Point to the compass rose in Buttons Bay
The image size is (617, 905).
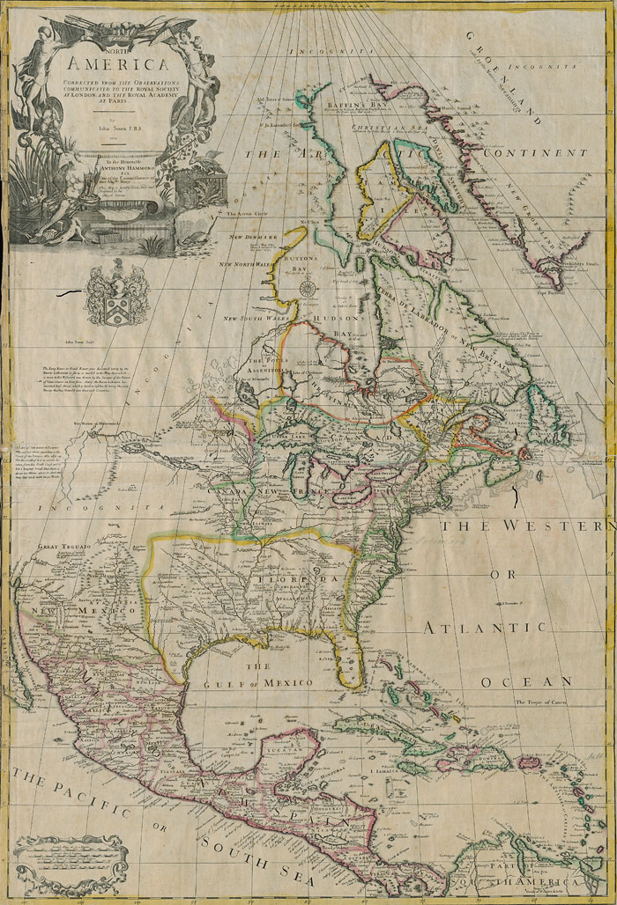[308, 288]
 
